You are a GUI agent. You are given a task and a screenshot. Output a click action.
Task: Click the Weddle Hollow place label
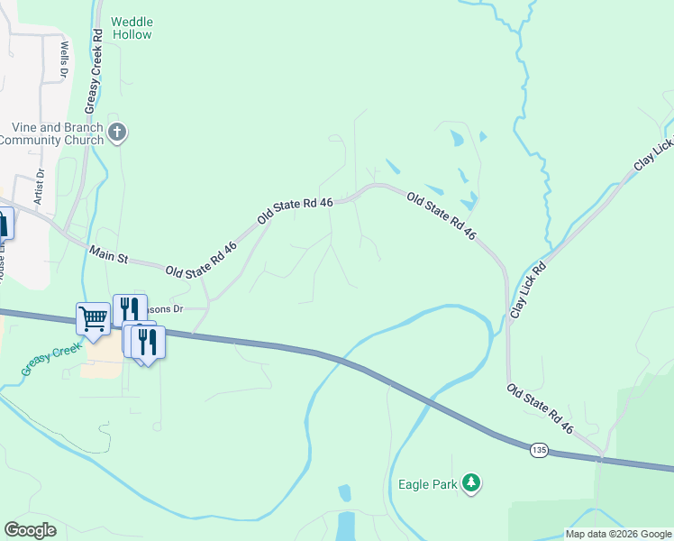[132, 28]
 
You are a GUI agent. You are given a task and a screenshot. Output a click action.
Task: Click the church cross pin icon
[116, 133]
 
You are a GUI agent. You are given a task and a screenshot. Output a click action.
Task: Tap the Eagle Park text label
[428, 484]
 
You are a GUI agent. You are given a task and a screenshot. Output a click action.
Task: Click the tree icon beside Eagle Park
[470, 483]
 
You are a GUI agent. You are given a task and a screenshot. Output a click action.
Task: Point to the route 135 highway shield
[539, 449]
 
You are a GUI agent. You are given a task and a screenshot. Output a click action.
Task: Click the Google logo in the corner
[30, 530]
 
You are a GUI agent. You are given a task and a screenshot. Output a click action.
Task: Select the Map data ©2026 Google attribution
[618, 534]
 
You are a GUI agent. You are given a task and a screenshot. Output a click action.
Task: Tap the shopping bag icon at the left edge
[3, 225]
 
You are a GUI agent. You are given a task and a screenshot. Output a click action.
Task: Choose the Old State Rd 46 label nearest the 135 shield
[540, 408]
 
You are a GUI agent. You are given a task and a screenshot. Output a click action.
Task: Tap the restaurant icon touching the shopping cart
[128, 308]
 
